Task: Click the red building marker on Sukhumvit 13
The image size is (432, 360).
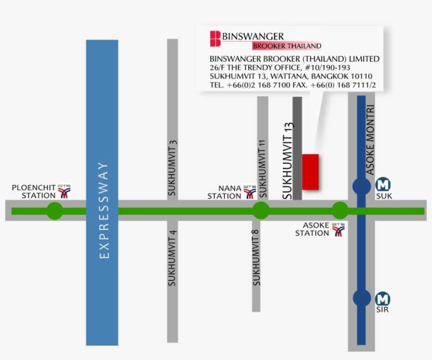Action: pyautogui.click(x=310, y=172)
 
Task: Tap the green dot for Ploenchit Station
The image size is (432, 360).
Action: pyautogui.click(x=55, y=211)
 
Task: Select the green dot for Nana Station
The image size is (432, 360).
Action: pyautogui.click(x=261, y=211)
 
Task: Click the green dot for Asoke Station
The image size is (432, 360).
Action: pyautogui.click(x=340, y=211)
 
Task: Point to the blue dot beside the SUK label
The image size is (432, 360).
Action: pyautogui.click(x=361, y=186)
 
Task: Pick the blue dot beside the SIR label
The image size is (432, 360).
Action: pyautogui.click(x=361, y=298)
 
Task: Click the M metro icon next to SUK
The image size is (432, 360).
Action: pyautogui.click(x=383, y=185)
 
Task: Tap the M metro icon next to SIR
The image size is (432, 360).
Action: pyautogui.click(x=383, y=299)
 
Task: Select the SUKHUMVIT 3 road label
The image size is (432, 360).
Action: pyautogui.click(x=172, y=168)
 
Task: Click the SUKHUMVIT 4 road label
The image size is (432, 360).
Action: pyautogui.click(x=172, y=258)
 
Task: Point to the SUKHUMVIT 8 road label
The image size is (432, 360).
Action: pyautogui.click(x=257, y=258)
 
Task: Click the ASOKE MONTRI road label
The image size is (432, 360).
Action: pyautogui.click(x=370, y=139)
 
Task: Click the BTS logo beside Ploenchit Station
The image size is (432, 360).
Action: pyautogui.click(x=64, y=191)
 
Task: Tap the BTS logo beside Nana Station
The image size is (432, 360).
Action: pyautogui.click(x=250, y=192)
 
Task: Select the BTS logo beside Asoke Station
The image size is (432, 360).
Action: pyautogui.click(x=338, y=229)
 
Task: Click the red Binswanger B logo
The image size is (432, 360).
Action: pyautogui.click(x=215, y=39)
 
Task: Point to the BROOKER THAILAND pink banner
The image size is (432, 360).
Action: pyautogui.click(x=287, y=46)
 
